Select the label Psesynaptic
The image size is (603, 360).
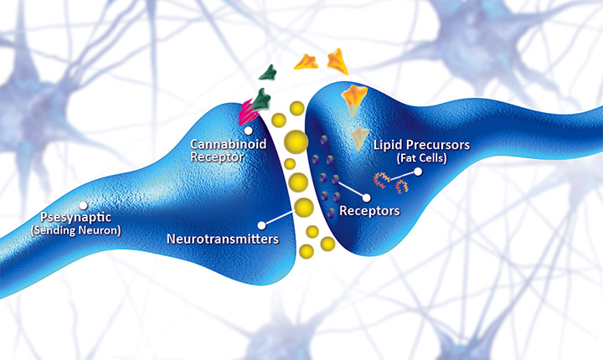pyautogui.click(x=53, y=218)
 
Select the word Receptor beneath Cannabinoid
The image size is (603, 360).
pyautogui.click(x=217, y=157)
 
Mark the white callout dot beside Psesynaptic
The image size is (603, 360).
pyautogui.click(x=82, y=204)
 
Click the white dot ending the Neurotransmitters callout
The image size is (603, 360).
pyautogui.click(x=263, y=224)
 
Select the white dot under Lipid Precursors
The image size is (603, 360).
pyautogui.click(x=417, y=172)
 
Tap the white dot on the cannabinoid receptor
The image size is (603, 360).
pyautogui.click(x=248, y=130)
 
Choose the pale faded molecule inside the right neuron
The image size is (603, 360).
pyautogui.click(x=359, y=138)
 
